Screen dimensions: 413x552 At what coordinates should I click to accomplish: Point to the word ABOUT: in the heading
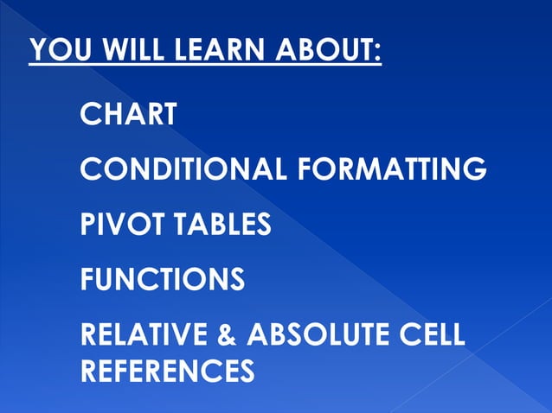328,50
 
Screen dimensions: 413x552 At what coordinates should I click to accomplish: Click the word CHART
129,113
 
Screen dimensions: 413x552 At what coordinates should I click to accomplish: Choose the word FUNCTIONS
162,279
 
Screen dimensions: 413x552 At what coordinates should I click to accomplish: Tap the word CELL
433,334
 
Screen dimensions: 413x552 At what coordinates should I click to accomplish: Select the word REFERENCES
167,371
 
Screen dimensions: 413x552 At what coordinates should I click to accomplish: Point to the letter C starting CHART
89,113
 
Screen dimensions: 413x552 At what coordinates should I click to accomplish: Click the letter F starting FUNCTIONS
87,279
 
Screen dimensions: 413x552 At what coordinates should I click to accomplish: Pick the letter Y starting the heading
38,50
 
